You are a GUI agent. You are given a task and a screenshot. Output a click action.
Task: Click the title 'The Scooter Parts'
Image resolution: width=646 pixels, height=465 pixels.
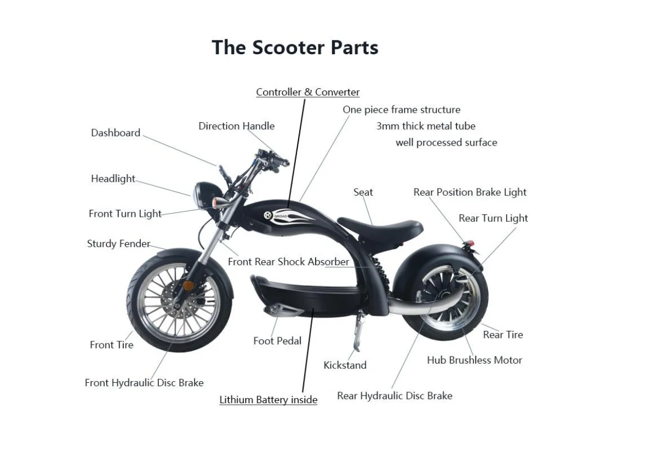pyautogui.click(x=295, y=47)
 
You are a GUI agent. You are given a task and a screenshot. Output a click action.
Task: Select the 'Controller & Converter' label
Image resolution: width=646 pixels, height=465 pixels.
pyautogui.click(x=307, y=92)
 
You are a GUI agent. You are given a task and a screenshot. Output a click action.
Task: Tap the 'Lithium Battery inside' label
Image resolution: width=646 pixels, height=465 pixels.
pyautogui.click(x=268, y=400)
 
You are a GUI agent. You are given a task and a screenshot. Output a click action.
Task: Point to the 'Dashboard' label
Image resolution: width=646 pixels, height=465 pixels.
pyautogui.click(x=116, y=133)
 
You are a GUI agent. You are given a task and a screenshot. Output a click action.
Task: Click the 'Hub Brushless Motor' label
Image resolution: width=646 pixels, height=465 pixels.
pyautogui.click(x=474, y=360)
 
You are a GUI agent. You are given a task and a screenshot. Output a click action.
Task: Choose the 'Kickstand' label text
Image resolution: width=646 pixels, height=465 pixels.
pyautogui.click(x=345, y=365)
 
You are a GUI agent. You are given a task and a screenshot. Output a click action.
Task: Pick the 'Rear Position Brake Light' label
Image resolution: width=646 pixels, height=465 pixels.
pyautogui.click(x=470, y=192)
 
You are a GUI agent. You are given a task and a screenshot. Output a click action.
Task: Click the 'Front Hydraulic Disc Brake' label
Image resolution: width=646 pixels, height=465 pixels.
pyautogui.click(x=144, y=383)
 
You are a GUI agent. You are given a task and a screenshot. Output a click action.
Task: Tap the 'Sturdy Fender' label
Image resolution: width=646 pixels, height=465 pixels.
pyautogui.click(x=118, y=244)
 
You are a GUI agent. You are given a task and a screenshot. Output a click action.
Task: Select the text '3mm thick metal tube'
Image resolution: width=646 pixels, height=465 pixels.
pyautogui.click(x=426, y=126)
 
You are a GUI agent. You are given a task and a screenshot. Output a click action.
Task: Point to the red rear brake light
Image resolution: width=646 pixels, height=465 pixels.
pyautogui.click(x=469, y=243)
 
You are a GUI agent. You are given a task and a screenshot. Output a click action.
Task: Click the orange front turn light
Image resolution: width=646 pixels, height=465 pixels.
pyautogui.click(x=216, y=202)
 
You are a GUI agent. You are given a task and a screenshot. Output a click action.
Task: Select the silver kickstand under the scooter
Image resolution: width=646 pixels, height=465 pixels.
pyautogui.click(x=356, y=331)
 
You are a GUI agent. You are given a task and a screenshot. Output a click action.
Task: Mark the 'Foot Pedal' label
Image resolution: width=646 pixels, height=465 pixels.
pyautogui.click(x=277, y=341)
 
